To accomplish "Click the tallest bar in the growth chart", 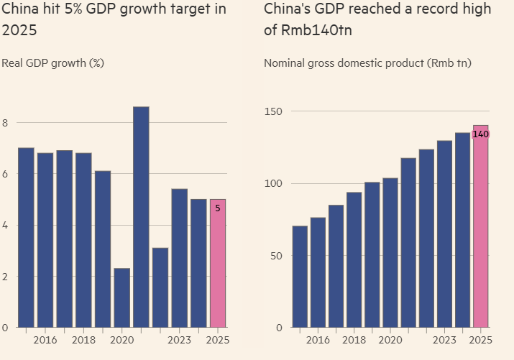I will coord(141,216).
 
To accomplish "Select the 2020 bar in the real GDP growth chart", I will coord(122,297).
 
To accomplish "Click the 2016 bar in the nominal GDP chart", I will coord(318,272).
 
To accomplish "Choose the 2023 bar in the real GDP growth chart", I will coord(179,258).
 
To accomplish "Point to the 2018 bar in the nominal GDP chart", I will coord(354,259).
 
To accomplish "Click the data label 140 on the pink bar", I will coord(481,134).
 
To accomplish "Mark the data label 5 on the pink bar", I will coord(218,208).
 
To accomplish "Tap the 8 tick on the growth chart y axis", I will coord(5,123).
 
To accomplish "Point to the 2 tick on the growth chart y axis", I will coord(5,277).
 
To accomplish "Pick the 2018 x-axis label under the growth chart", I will coord(84,340).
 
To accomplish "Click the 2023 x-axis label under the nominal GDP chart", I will coord(444,340).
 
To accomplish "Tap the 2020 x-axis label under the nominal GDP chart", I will coord(390,340).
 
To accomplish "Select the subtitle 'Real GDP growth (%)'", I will coord(53,63).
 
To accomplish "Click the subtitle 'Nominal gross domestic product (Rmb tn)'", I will coord(367,63).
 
